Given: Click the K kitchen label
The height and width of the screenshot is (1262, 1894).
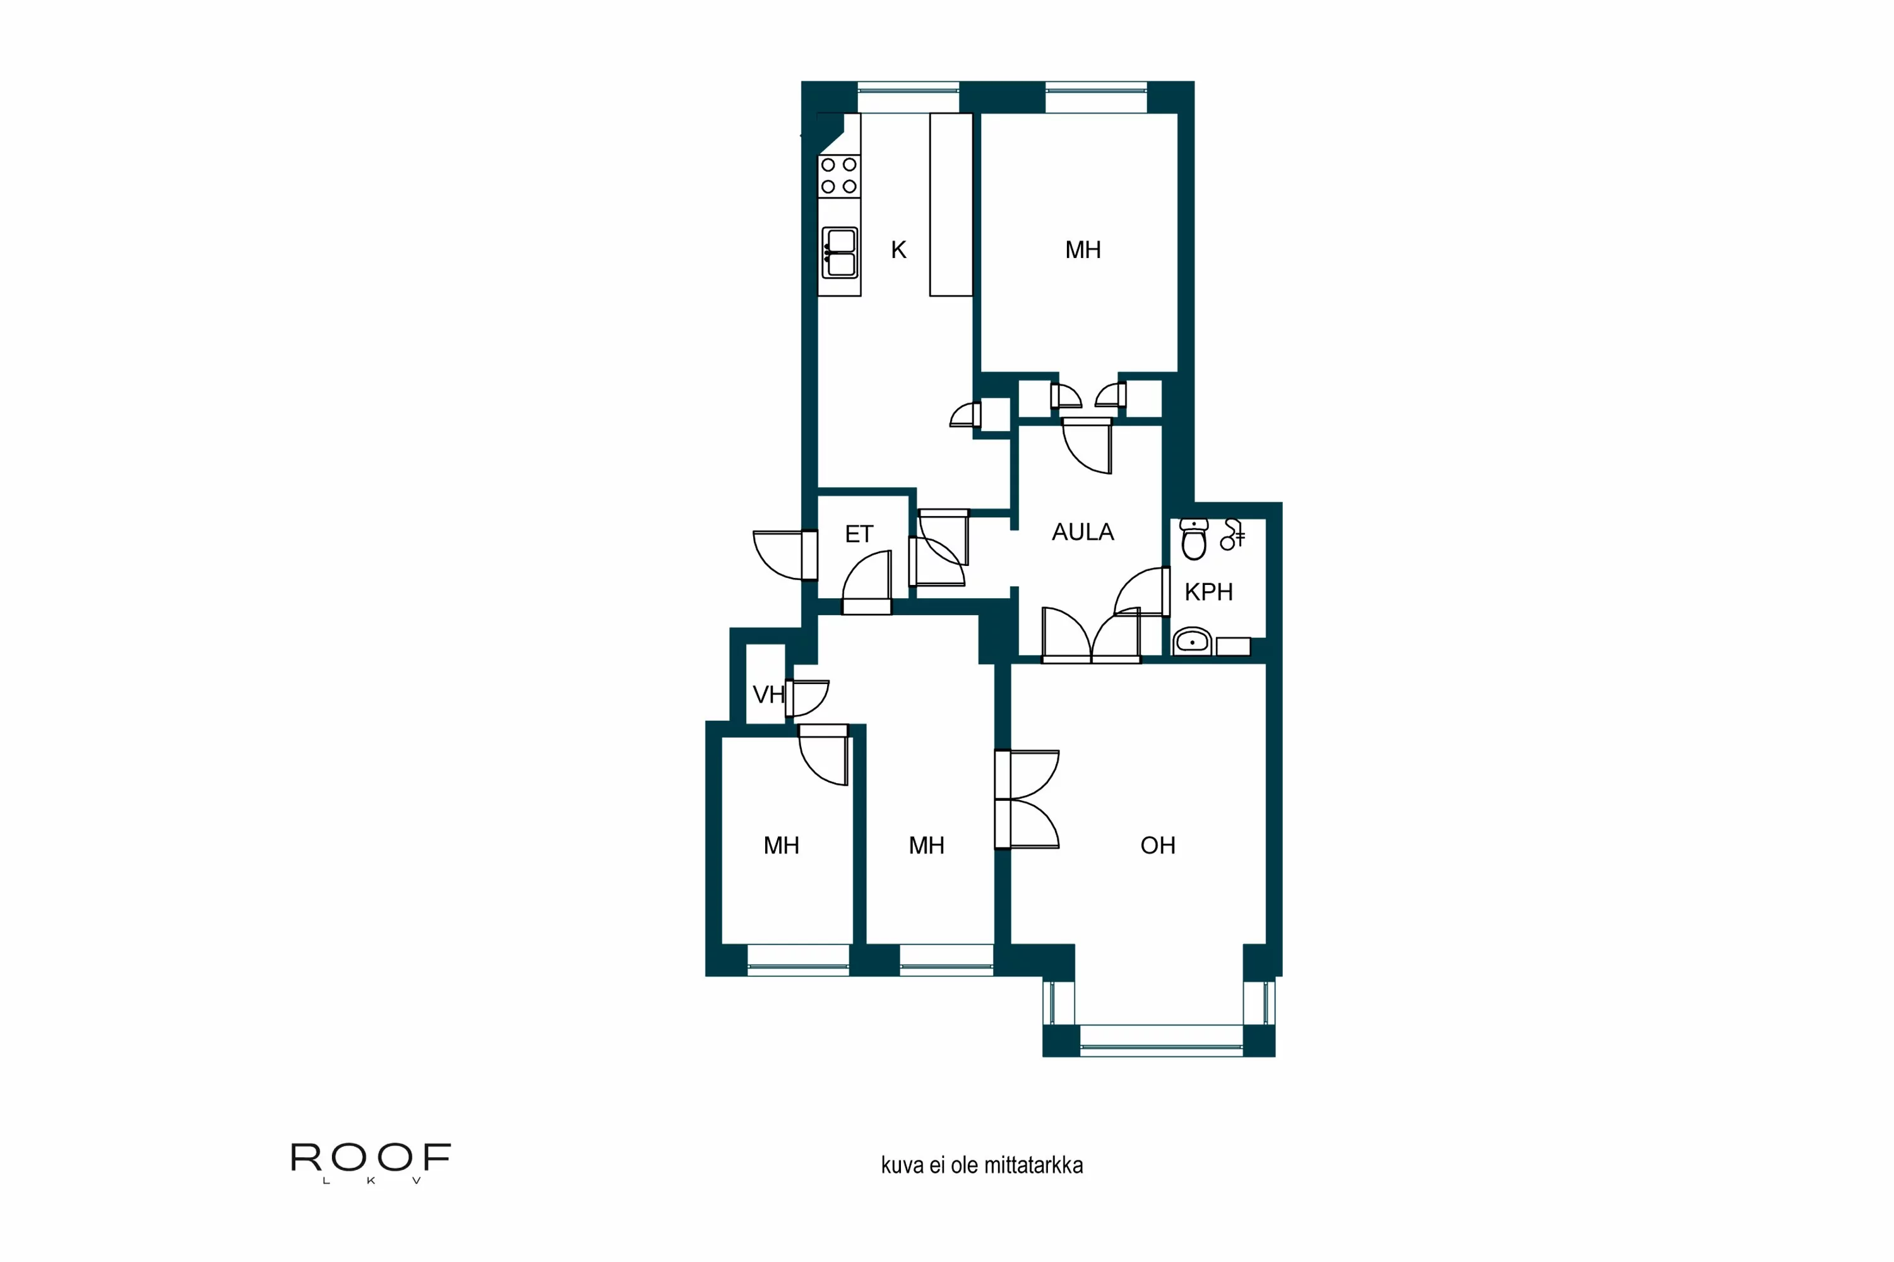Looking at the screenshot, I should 898,251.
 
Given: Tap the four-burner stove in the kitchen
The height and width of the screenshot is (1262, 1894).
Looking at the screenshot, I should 838,175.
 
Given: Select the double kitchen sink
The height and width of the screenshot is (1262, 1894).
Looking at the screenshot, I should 840,253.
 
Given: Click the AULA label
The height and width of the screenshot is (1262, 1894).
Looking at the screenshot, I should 1082,532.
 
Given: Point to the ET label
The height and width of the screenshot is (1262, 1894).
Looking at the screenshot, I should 859,534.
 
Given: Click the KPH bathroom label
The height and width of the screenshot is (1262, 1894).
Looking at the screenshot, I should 1208,593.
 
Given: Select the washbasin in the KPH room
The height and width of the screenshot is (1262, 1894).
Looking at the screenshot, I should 1192,642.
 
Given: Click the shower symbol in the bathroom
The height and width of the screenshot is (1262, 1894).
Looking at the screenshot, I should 1232,534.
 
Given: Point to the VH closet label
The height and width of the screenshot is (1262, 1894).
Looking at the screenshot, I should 768,695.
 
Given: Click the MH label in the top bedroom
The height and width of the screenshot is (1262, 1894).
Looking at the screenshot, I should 1082,251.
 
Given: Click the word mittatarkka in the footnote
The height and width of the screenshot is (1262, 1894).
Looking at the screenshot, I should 1044,1165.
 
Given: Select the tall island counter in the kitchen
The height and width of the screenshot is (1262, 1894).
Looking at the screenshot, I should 951,204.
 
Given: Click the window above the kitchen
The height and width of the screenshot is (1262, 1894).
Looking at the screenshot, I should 908,97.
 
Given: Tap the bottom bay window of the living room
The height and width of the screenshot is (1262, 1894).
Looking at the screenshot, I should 1160,1040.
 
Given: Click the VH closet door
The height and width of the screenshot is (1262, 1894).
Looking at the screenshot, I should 807,698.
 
